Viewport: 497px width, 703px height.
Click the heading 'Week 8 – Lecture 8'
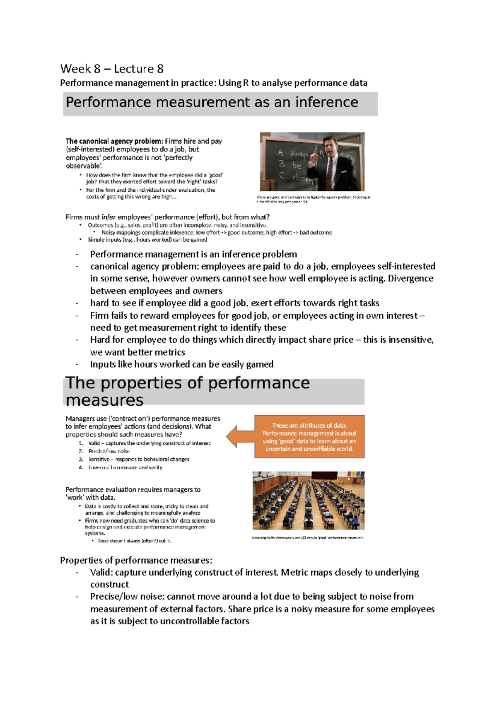pyautogui.click(x=112, y=69)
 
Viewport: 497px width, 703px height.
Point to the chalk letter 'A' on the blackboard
pyautogui.click(x=280, y=153)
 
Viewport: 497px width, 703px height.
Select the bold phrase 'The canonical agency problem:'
pyautogui.click(x=114, y=141)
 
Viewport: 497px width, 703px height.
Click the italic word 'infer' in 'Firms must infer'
pyautogui.click(x=109, y=217)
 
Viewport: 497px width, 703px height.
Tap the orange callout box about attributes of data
pyautogui.click(x=309, y=437)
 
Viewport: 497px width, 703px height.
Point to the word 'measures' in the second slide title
pyautogui.click(x=104, y=400)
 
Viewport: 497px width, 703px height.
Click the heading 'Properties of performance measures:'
pyautogui.click(x=136, y=560)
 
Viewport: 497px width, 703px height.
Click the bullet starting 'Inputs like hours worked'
pyautogui.click(x=181, y=364)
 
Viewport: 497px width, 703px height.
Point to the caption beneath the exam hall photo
pyautogui.click(x=307, y=538)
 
